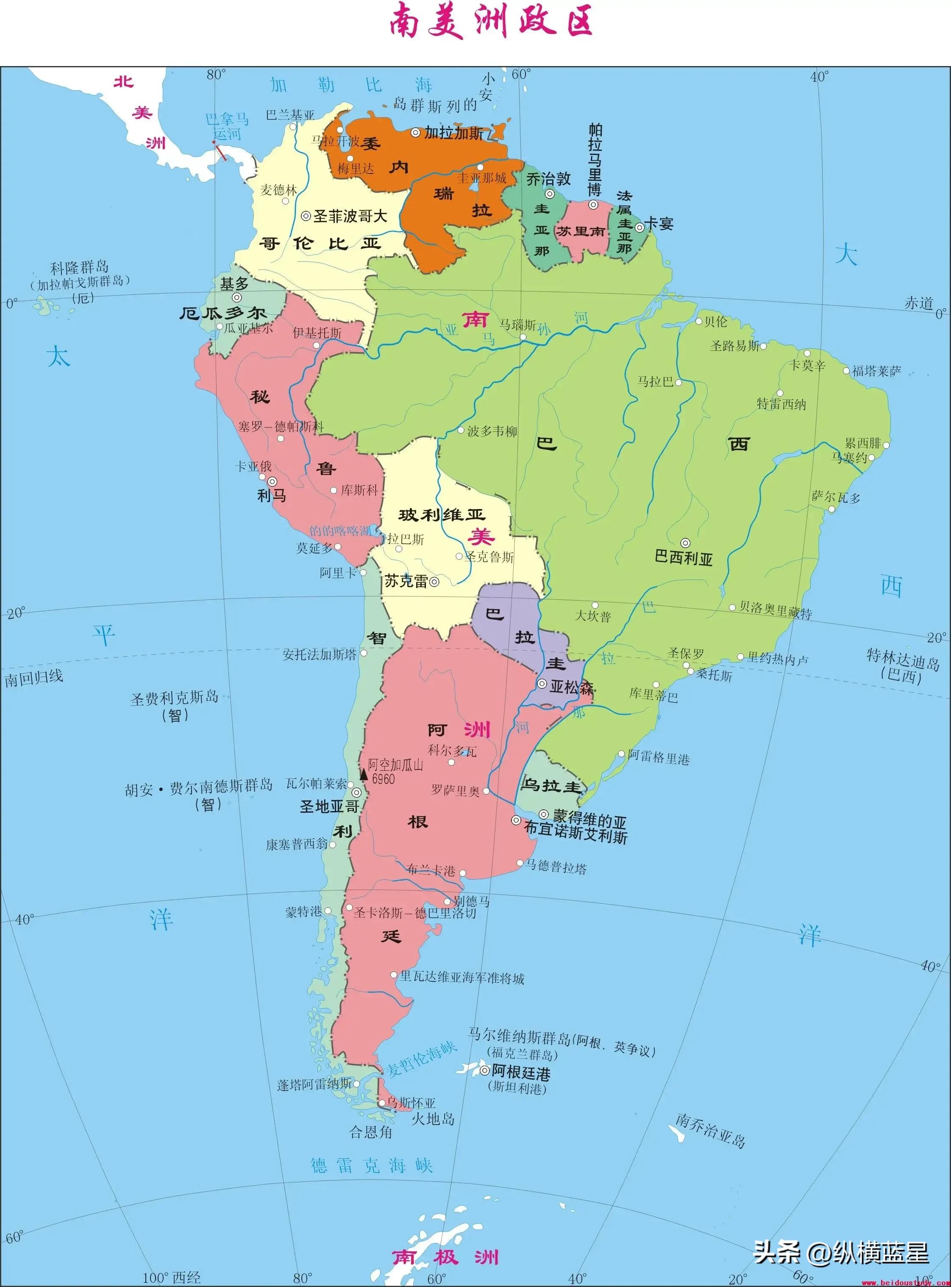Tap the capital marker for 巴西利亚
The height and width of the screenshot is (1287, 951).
point(685,543)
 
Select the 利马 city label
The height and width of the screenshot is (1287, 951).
point(271,495)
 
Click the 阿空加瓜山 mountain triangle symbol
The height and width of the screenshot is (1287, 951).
point(363,775)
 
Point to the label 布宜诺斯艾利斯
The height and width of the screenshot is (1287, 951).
point(575,836)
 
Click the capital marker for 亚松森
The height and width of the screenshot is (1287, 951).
point(542,684)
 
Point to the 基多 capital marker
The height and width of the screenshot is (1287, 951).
point(236,297)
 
